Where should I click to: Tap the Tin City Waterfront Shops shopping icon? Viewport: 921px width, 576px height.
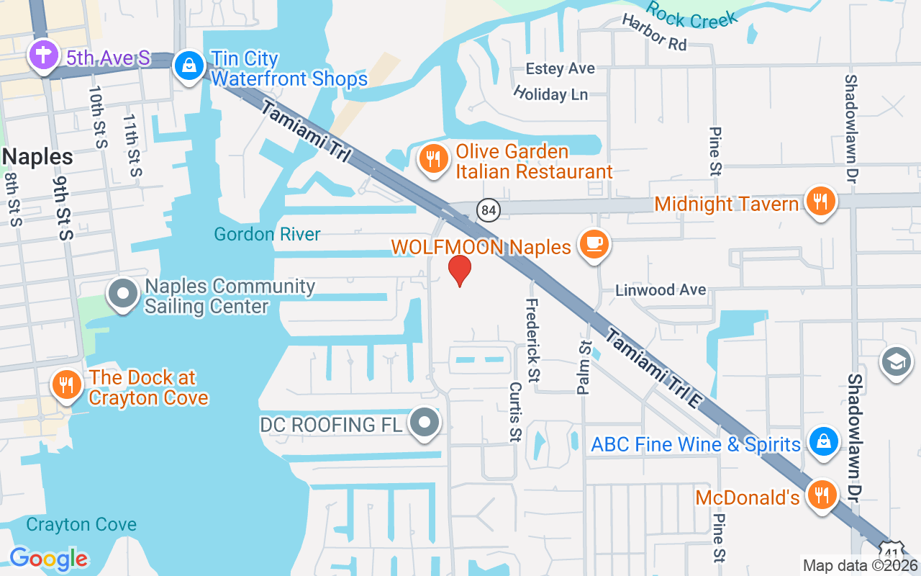[x=189, y=66]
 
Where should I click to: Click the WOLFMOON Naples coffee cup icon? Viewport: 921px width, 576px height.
[x=595, y=244]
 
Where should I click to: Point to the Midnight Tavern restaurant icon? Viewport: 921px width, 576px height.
[x=820, y=200]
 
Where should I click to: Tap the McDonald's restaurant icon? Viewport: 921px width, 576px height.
[x=821, y=495]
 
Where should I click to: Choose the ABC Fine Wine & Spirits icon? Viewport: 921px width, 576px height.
[x=822, y=441]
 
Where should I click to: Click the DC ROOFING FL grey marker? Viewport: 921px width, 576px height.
[x=425, y=423]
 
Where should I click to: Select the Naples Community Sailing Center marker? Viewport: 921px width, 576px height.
[x=123, y=294]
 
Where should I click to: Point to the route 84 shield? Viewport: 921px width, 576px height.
[x=488, y=210]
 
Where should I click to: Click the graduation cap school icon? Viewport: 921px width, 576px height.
[x=897, y=361]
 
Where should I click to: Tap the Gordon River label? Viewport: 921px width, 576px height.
[x=267, y=234]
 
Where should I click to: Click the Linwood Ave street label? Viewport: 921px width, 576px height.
[x=661, y=290]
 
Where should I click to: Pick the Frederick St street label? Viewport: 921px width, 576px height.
[x=533, y=340]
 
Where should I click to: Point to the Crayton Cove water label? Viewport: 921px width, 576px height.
[x=81, y=524]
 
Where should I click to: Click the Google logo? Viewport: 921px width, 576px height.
[x=49, y=559]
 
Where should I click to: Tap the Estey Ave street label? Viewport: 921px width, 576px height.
[x=561, y=68]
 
